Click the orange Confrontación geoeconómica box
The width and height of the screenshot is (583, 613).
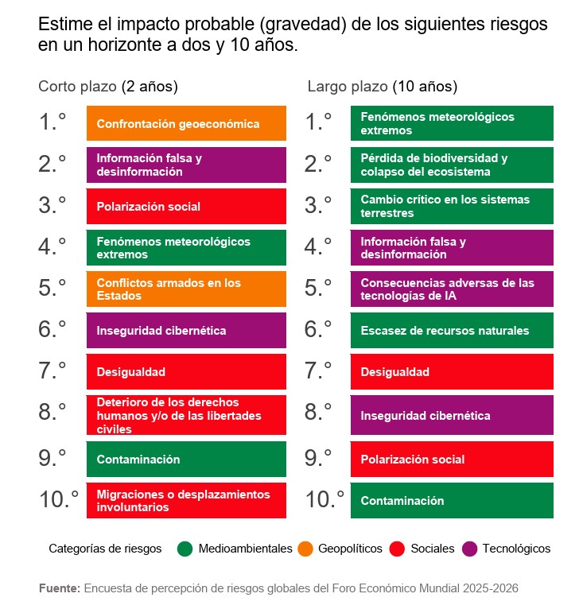tap(186, 124)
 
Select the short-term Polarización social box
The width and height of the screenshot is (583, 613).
tap(186, 207)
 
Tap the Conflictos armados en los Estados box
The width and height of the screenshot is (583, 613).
tap(186, 289)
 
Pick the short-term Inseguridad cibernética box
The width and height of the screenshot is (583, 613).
tap(186, 331)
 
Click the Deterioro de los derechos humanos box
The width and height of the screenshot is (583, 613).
tap(186, 415)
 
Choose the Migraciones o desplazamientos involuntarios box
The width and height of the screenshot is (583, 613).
tap(186, 501)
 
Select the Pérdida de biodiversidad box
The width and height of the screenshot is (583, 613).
tap(452, 165)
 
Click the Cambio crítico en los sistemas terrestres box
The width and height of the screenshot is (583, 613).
tap(452, 207)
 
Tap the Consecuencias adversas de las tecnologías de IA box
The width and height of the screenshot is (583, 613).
tap(452, 289)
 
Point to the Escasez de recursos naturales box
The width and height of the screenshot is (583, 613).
tap(452, 331)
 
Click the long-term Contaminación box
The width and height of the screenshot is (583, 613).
tap(452, 501)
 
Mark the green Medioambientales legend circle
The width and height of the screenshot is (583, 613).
tap(185, 549)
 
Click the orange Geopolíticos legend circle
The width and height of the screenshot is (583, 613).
tap(305, 549)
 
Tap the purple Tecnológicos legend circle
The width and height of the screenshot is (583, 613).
tap(469, 549)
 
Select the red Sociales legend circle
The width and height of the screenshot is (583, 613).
tap(398, 549)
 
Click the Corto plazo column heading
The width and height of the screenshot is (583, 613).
tap(108, 86)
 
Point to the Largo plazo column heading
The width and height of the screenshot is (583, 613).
tap(382, 86)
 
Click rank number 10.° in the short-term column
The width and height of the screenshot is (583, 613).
tap(59, 499)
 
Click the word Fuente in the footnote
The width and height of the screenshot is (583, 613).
tap(59, 588)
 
